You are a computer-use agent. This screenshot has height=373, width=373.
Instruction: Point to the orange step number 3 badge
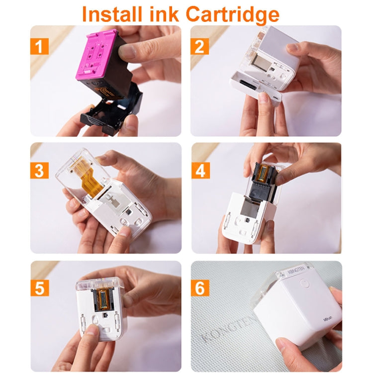(x=39, y=170)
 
